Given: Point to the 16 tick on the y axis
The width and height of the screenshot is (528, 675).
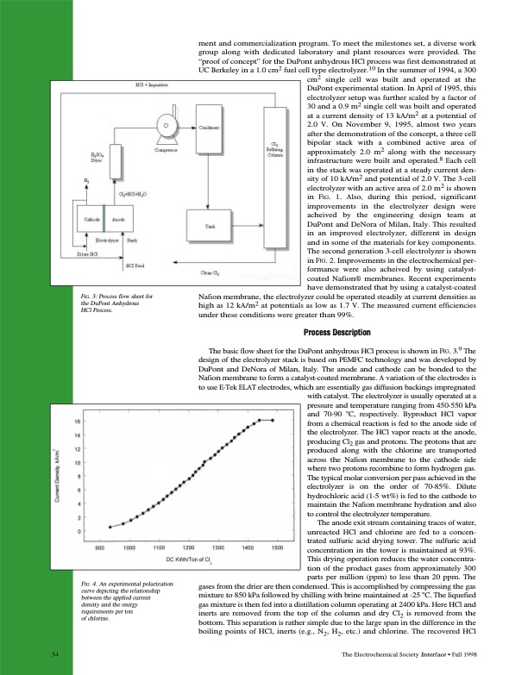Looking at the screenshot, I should click(79, 421).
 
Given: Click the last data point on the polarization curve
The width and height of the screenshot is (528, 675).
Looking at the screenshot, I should click(273, 420).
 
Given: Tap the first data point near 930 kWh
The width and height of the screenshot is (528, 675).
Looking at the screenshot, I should click(110, 526).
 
